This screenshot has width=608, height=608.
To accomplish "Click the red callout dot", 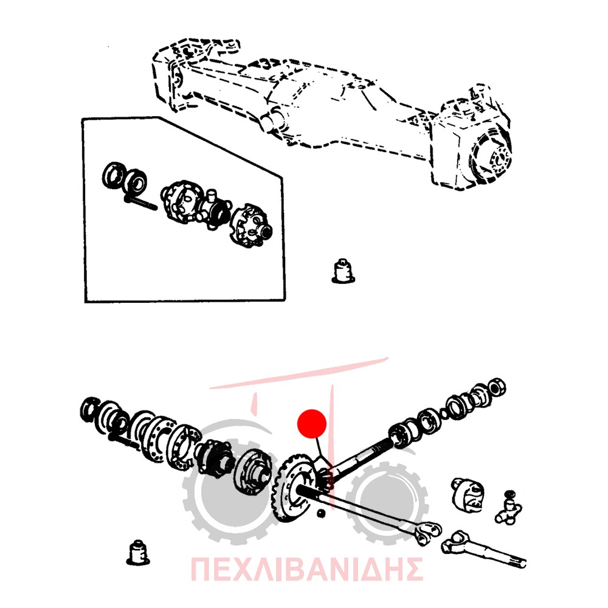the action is click(312, 424).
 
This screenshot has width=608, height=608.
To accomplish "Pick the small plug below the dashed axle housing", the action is click(343, 271).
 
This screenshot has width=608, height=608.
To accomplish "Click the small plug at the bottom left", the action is click(137, 552).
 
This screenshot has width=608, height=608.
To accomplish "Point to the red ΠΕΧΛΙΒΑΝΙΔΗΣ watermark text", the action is click(306, 569).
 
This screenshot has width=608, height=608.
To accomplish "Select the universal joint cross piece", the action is click(508, 508).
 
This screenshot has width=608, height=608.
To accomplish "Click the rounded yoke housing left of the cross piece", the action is click(468, 494).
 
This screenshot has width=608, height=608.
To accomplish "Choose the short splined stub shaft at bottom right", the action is click(483, 549).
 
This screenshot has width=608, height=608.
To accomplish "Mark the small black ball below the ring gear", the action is click(320, 513).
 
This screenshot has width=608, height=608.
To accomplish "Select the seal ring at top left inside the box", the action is click(113, 176).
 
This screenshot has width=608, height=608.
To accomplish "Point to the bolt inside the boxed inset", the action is click(141, 203).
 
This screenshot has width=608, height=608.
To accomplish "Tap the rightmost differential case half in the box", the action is click(251, 226).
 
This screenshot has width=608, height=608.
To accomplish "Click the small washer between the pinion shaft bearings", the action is click(444, 415).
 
